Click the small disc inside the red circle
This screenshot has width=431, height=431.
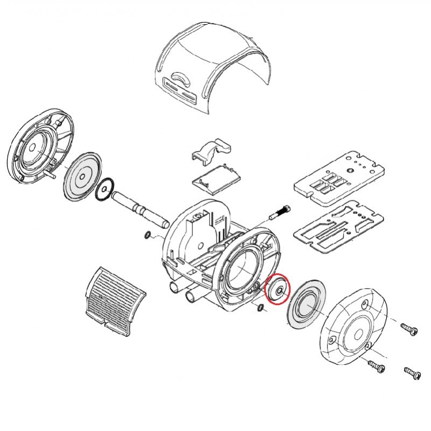pyautogui.click(x=279, y=290)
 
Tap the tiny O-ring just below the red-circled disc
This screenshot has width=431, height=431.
pyautogui.click(x=261, y=308)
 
